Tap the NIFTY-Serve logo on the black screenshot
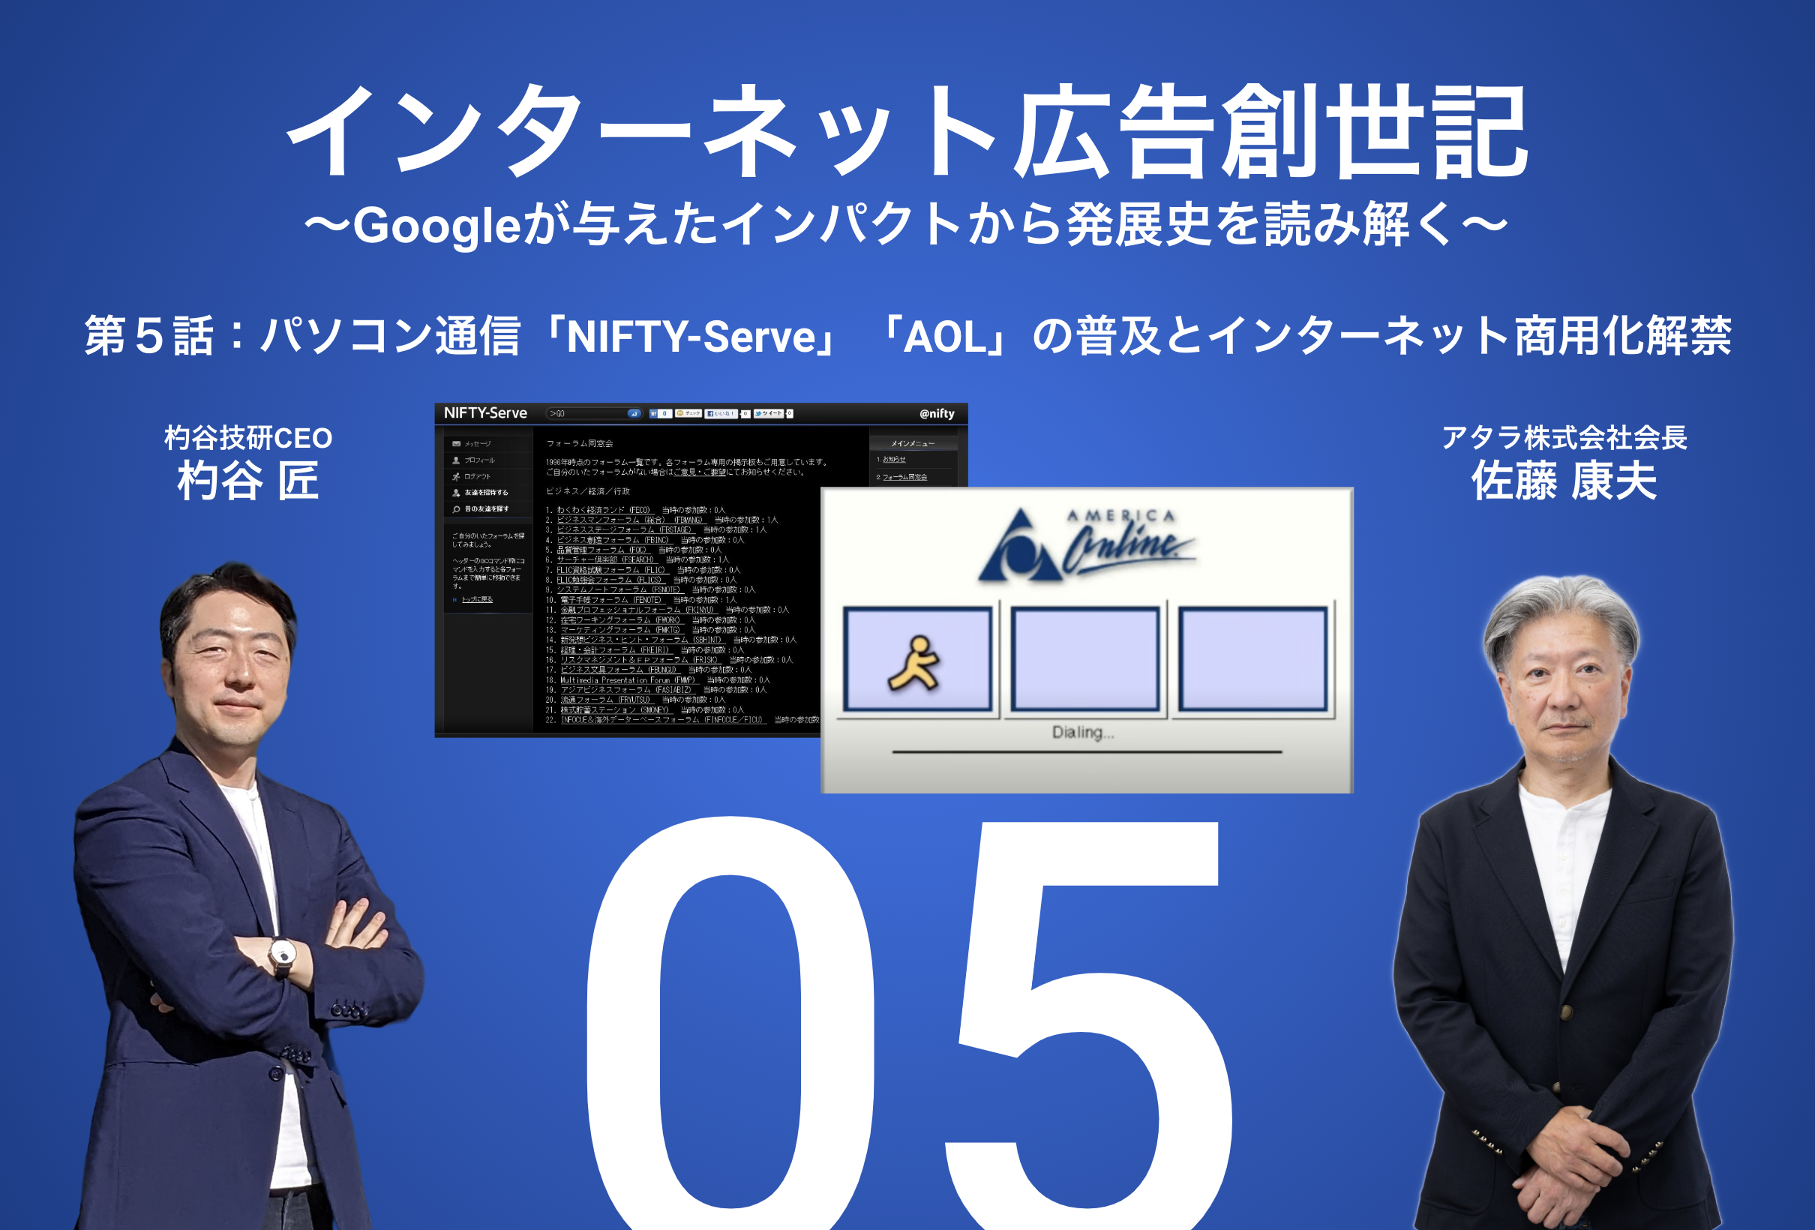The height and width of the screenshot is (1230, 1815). click(485, 413)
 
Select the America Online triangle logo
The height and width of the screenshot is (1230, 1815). click(1019, 547)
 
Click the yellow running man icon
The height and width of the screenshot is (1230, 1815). click(914, 662)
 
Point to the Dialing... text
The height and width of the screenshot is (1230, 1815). click(1082, 733)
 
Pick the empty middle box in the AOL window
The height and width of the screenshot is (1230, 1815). click(1084, 659)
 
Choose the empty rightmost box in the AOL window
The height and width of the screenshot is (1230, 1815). click(1252, 659)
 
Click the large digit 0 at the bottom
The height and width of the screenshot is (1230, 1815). click(730, 1023)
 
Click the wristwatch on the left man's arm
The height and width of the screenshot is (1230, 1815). click(282, 954)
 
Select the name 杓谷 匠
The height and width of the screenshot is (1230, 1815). click(248, 480)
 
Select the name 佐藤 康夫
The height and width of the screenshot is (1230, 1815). click(1564, 480)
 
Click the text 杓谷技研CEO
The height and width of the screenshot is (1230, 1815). click(248, 438)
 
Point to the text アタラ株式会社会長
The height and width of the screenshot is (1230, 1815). click(1564, 437)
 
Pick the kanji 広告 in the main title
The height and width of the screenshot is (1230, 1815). click(1113, 133)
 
